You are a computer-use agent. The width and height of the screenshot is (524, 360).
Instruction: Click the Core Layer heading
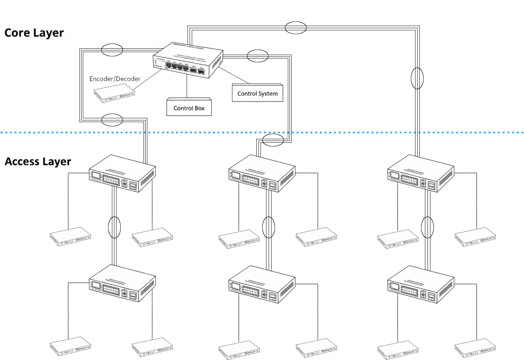34,33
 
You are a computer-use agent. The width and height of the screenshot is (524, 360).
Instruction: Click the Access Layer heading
38,162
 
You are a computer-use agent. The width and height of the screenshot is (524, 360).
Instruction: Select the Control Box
189,108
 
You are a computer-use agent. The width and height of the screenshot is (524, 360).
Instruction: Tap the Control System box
258,93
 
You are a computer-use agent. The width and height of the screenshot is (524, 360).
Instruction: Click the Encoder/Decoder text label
115,79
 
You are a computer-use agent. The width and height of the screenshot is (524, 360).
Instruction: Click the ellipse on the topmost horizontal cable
296,28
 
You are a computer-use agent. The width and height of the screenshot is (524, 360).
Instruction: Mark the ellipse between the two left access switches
114,227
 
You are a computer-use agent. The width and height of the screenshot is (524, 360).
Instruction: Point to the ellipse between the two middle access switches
269,227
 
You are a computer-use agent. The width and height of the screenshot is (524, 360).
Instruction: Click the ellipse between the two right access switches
427,227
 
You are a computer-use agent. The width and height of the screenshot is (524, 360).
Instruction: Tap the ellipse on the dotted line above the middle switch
273,139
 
